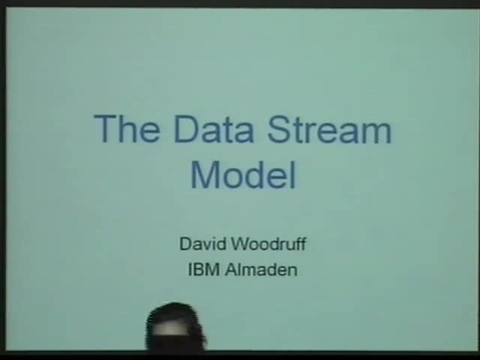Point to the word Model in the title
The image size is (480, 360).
click(243, 174)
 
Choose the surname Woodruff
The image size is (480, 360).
click(268, 244)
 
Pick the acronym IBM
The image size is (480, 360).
click(203, 269)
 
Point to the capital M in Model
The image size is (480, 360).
click(205, 174)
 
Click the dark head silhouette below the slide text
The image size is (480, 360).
click(175, 327)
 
